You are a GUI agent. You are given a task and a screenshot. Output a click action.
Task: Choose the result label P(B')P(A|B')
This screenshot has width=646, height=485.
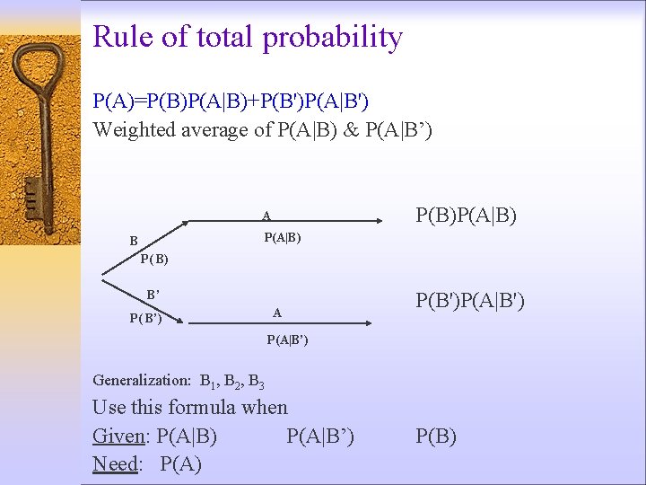469,299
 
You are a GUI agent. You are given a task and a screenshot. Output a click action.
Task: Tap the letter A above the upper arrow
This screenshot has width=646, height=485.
266,216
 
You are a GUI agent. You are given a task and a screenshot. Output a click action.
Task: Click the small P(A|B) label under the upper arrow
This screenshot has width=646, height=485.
282,238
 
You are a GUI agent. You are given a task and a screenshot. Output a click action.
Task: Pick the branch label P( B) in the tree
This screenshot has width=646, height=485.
154,260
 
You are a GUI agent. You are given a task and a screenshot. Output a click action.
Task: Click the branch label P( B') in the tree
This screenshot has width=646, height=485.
145,318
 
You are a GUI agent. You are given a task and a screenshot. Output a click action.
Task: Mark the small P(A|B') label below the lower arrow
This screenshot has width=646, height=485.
287,339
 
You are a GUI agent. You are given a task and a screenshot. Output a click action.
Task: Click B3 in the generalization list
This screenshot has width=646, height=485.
255,381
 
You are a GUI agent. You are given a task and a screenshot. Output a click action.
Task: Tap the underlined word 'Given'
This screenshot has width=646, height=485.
119,436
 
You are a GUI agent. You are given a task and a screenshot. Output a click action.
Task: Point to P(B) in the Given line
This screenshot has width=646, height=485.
436,436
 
